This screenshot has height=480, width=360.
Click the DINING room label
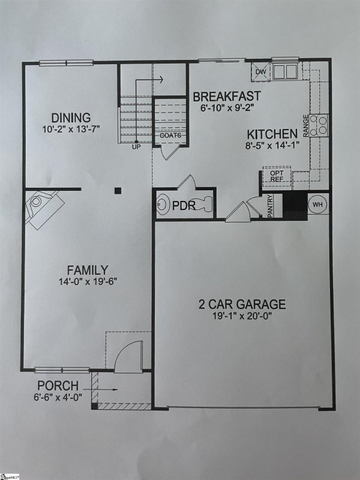coord(71,118)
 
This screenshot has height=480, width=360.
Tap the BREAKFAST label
coord(227,96)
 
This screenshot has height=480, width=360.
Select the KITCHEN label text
coord(272,134)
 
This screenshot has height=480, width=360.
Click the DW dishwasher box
coord(260,72)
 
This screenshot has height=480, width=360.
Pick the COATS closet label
coord(170,136)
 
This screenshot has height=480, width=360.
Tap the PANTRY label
coord(271,206)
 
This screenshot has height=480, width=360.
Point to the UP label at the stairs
coord(136,146)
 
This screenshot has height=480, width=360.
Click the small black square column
coord(118,191)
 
